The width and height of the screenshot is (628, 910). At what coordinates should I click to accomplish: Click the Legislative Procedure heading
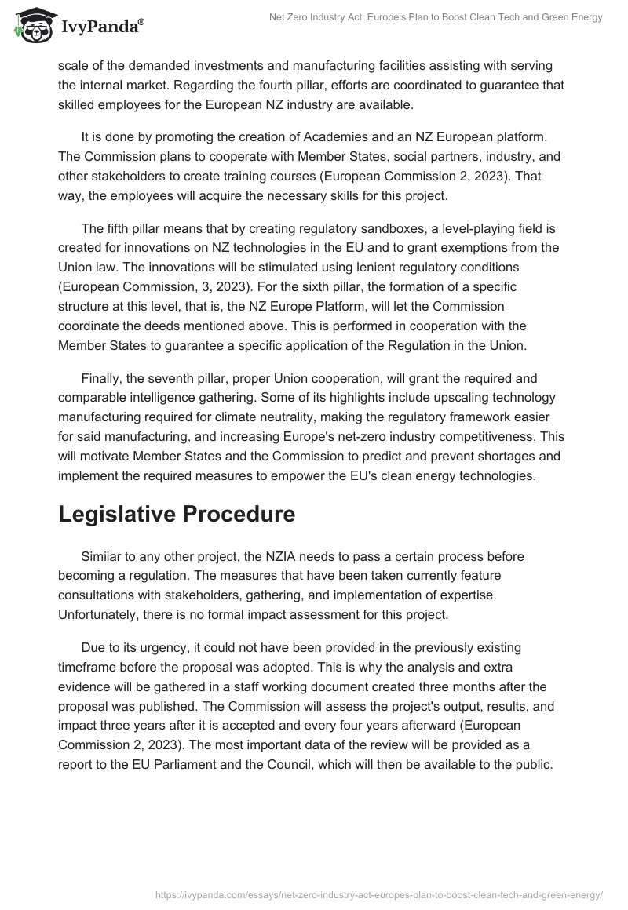click(177, 514)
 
